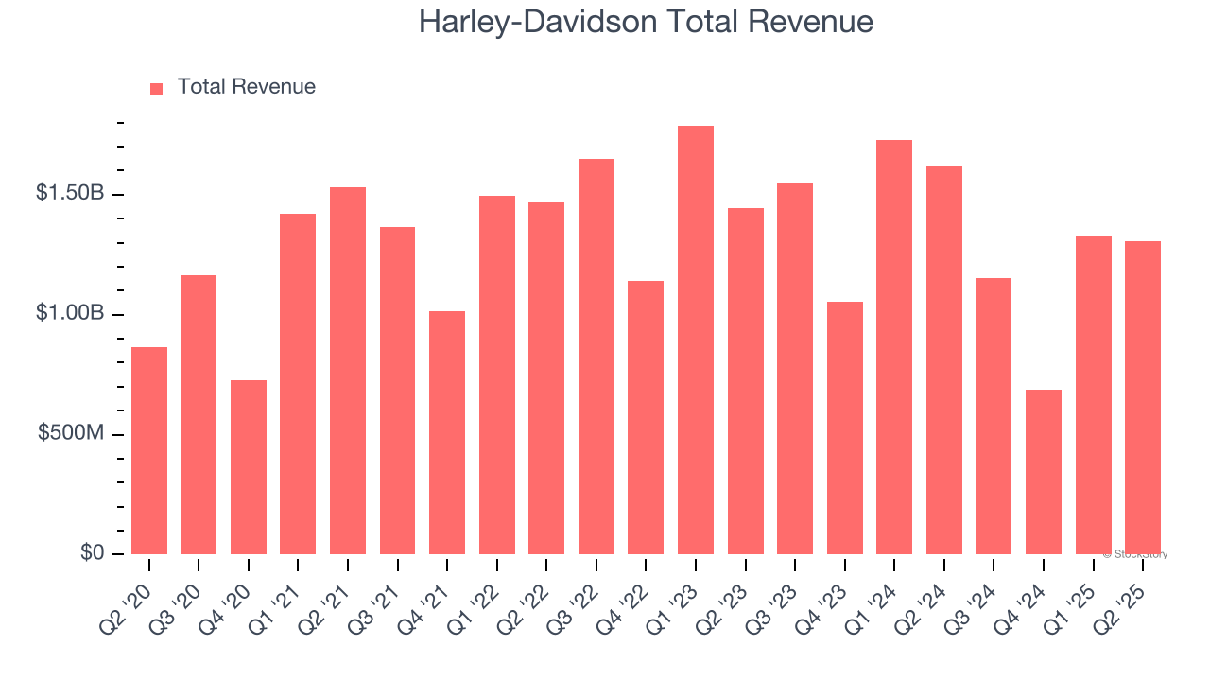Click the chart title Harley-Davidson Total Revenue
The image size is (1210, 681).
[x=646, y=22]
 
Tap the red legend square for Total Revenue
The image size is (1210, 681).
[x=157, y=88]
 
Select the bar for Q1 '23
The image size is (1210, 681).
[x=695, y=340]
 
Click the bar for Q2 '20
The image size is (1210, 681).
[x=149, y=450]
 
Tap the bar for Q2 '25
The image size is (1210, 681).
[x=1142, y=397]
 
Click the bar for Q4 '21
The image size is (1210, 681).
[x=447, y=432]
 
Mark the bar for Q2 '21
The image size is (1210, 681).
[x=348, y=370]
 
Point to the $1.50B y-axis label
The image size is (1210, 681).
[x=70, y=193]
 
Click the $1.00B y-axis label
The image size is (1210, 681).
[x=70, y=313]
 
